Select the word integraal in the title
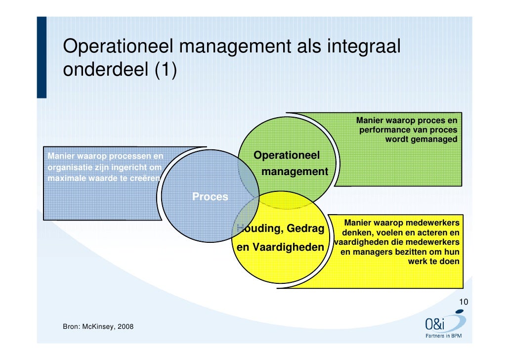(363, 47)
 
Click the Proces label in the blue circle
(210, 197)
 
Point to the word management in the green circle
(295, 172)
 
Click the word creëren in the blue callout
(146, 178)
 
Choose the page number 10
(464, 302)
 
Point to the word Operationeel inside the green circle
(287, 156)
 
